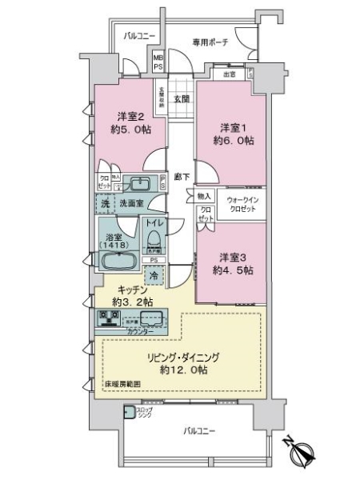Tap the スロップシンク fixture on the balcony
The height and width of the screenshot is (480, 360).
tap(129, 414)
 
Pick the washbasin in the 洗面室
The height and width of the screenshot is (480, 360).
tap(142, 185)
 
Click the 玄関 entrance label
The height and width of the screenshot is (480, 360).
tap(181, 99)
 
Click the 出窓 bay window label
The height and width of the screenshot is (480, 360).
tap(230, 74)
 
